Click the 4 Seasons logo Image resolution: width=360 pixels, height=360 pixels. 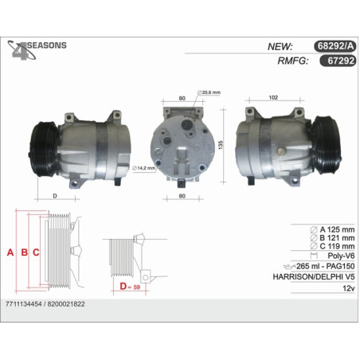point(37,49)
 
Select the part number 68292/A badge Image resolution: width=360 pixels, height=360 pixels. point(335,46)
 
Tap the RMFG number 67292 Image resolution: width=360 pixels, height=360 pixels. point(338,61)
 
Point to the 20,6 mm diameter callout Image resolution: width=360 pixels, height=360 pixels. point(209,92)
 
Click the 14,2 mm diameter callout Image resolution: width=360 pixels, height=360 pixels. point(143,168)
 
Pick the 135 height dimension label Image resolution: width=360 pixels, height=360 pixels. point(221,145)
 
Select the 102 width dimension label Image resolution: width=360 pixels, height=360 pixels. point(273,97)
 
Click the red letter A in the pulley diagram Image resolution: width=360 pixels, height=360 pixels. point(10,252)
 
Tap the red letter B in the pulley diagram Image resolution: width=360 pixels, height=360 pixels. point(25,252)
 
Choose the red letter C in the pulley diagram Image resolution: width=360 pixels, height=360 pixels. point(36,252)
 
